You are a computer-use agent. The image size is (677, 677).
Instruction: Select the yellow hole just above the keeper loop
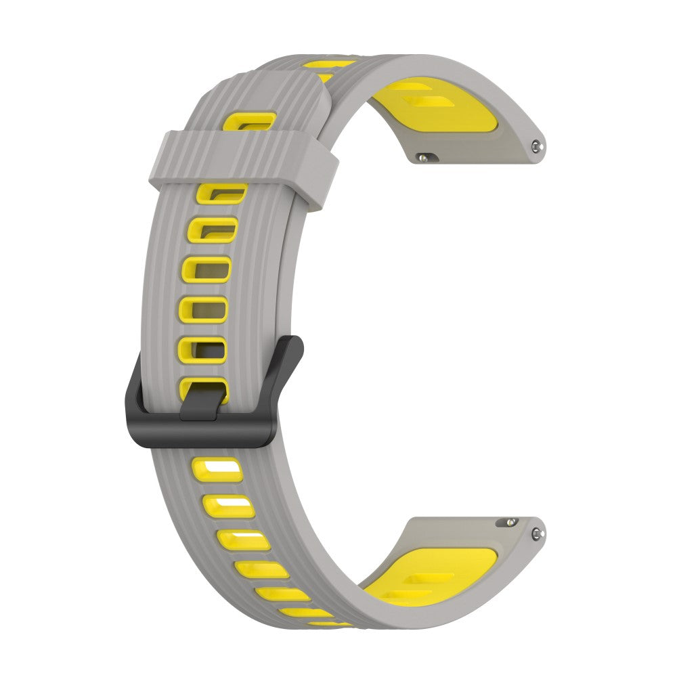point(250,122)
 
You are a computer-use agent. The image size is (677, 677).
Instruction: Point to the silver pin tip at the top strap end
point(537,144)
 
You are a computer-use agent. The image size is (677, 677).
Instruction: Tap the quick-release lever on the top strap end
point(424,157)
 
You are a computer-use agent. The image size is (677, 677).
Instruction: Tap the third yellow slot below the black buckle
point(244,540)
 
